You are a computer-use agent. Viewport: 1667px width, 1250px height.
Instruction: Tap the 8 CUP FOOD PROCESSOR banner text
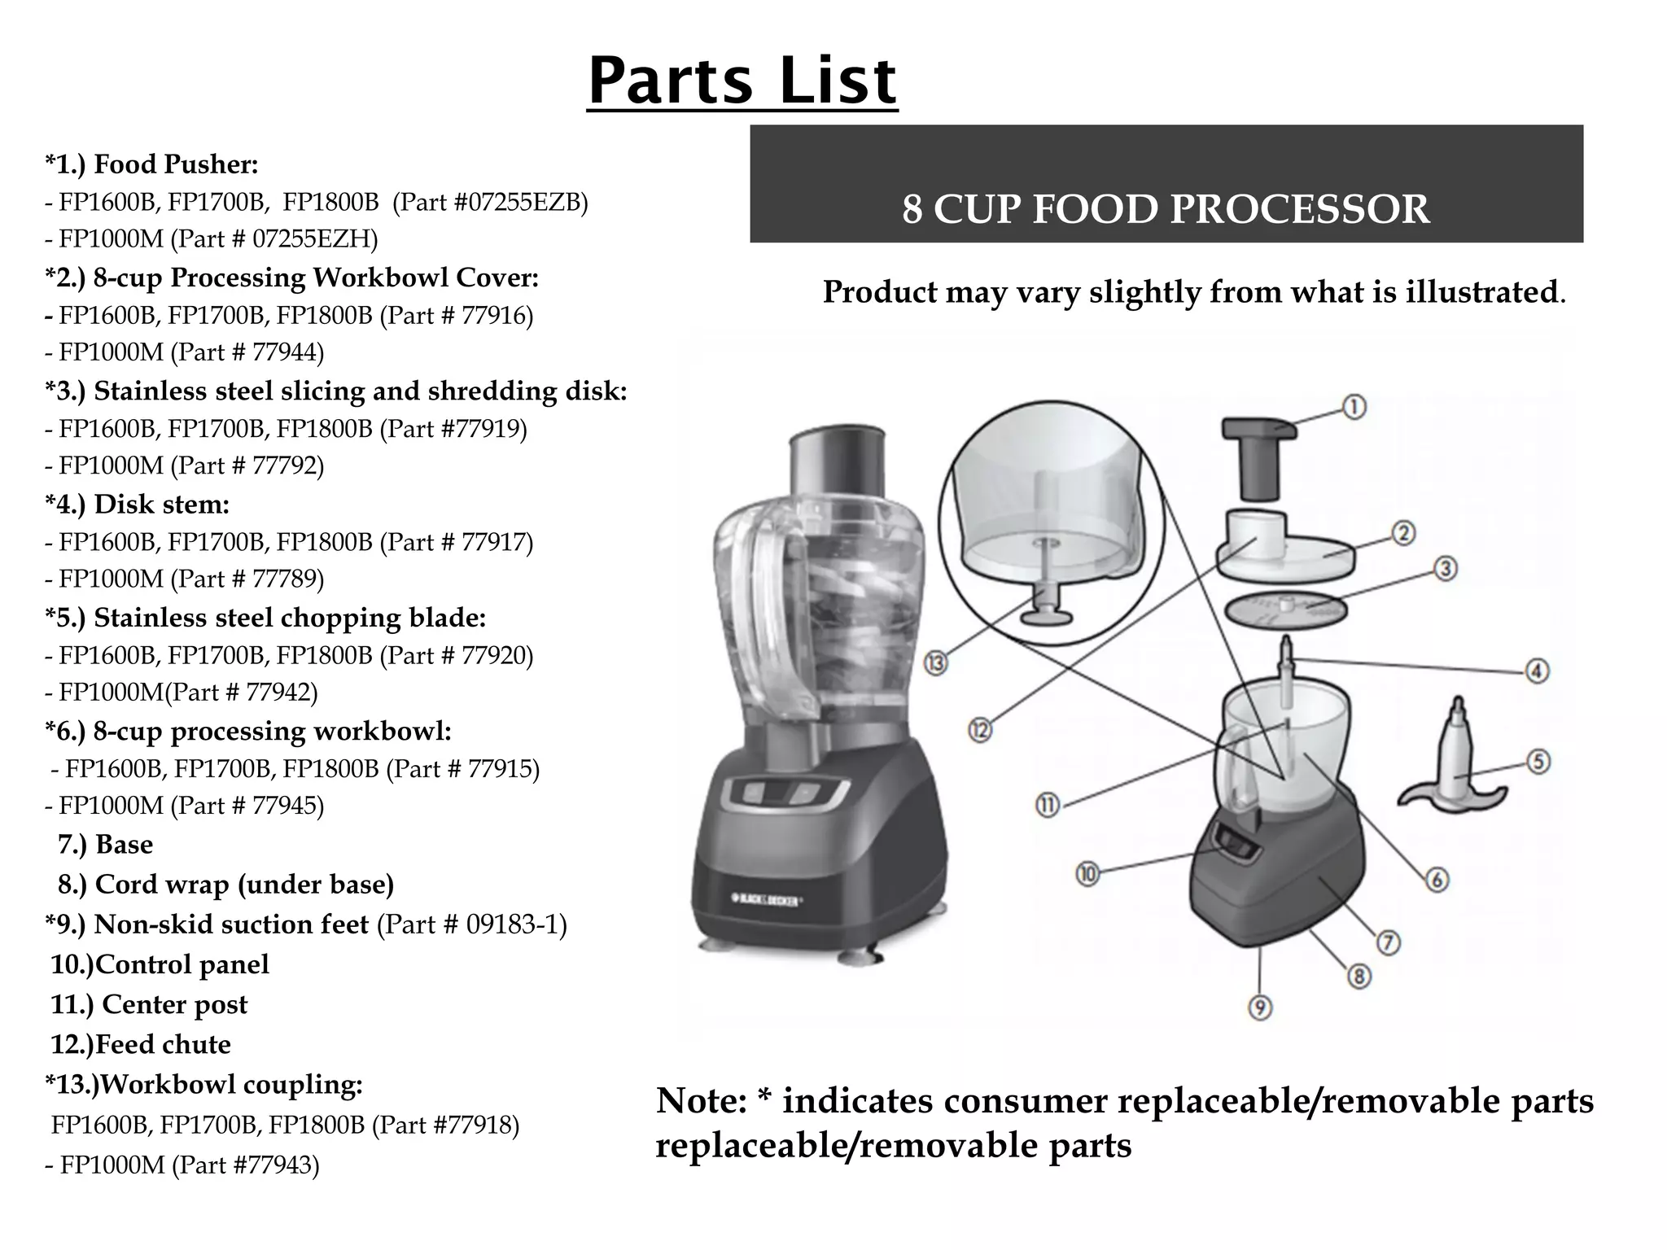(x=1165, y=209)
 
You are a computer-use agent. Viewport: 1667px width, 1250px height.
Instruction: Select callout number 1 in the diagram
(x=1354, y=406)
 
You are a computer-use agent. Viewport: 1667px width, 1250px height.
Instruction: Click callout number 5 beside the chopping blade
(x=1538, y=762)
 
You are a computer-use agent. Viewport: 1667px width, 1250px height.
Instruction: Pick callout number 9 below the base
(x=1259, y=1008)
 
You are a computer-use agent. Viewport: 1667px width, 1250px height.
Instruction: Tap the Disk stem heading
(x=161, y=505)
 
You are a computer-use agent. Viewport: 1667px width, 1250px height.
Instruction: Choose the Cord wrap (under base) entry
(x=243, y=885)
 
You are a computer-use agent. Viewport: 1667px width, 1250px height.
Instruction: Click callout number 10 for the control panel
(x=1087, y=874)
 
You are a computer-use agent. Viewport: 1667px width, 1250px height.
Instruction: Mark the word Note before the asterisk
(x=701, y=1101)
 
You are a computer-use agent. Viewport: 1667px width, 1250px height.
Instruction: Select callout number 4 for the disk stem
(x=1537, y=671)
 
